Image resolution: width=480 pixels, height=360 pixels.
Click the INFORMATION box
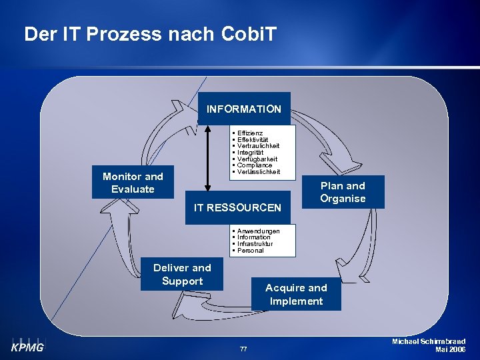244,109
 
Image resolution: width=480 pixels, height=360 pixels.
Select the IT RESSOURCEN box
237,207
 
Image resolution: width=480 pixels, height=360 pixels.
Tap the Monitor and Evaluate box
133,182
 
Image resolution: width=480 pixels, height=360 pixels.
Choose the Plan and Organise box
343,192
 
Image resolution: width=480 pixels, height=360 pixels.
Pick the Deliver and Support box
182,274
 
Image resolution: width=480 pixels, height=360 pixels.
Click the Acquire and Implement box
296,294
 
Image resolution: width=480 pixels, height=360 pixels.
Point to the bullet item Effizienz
250,133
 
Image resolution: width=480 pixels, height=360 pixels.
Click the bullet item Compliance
255,165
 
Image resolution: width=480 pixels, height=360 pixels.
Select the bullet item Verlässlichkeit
259,172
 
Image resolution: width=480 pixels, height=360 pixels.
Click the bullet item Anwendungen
258,231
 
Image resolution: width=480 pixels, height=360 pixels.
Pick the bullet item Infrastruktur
255,244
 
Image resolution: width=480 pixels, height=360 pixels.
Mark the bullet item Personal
251,251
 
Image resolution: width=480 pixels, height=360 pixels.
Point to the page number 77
243,349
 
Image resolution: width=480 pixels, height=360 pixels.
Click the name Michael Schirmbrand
429,341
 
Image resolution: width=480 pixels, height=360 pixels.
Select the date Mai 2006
450,349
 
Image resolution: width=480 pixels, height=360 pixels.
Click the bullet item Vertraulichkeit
259,146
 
